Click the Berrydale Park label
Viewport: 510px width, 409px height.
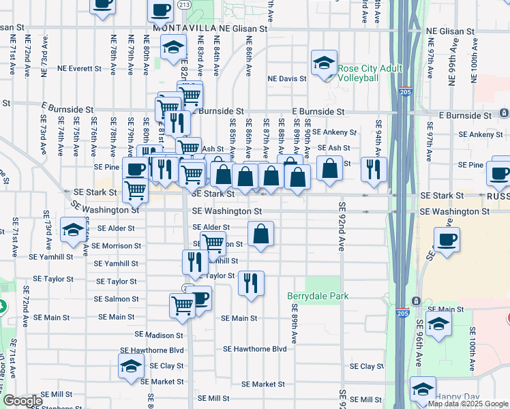point(318,296)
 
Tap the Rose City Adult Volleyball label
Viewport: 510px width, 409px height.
point(369,73)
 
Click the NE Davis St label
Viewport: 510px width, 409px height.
point(287,79)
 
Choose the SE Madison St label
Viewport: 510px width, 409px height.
point(159,335)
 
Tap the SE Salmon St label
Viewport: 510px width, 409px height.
point(116,299)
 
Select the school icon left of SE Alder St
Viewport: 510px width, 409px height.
point(72,229)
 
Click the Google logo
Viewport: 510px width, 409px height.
point(22,402)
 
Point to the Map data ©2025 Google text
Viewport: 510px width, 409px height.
point(468,404)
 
